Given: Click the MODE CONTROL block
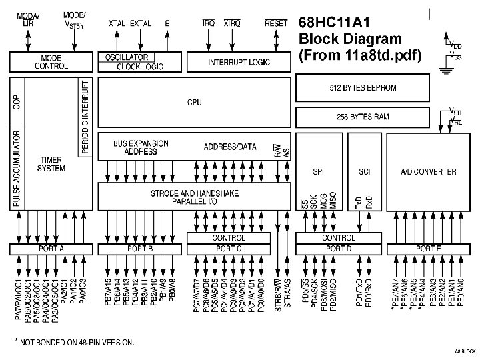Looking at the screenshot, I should [51, 62].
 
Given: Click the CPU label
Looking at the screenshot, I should [194, 103].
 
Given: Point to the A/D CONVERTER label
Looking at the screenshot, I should [428, 172].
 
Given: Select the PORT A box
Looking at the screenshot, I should [51, 249].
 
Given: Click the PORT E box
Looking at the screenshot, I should [428, 249].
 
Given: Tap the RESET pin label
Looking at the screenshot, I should [276, 23].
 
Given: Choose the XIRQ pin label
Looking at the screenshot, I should [232, 23].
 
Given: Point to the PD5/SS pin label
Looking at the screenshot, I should [305, 293].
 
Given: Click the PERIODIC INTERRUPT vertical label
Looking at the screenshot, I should [85, 117].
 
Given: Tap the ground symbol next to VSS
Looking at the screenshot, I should [443, 65].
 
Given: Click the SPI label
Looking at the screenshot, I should [319, 172].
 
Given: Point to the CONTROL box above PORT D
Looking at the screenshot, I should [339, 238].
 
